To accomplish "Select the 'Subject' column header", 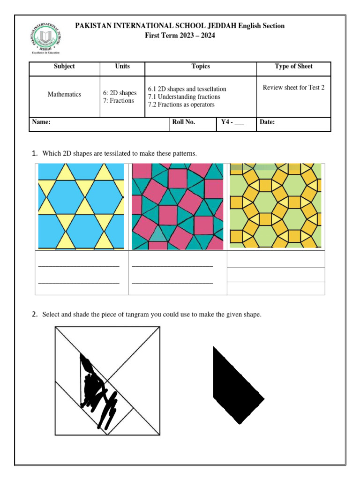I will click(64, 67).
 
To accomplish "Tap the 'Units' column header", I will click(122, 67).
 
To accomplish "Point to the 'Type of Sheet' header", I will click(293, 67).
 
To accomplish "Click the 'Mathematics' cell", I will click(64, 95).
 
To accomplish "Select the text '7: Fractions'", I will click(119, 101).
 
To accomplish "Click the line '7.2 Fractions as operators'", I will click(181, 105).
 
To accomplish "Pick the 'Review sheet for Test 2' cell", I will click(293, 88).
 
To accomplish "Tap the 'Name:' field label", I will click(41, 122).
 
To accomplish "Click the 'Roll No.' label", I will click(184, 122).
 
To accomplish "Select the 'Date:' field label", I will click(267, 122).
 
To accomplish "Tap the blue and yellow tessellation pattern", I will click(81, 206).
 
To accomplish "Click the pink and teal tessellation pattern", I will click(177, 206).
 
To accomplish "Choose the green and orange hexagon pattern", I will click(275, 206).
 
